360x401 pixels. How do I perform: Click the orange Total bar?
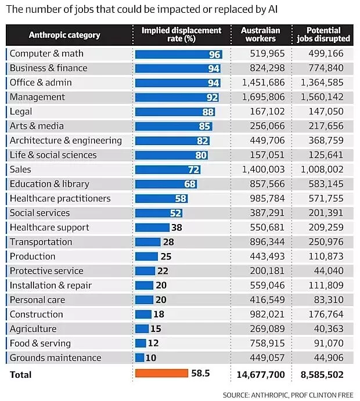pyautogui.click(x=161, y=373)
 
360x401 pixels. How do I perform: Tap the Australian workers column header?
pyautogui.click(x=261, y=34)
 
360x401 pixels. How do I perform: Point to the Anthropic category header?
pyautogui.click(x=64, y=35)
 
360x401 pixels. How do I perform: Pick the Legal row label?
pyautogui.click(x=21, y=111)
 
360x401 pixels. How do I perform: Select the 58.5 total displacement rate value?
pyautogui.click(x=201, y=374)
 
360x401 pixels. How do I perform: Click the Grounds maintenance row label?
pyautogui.click(x=55, y=358)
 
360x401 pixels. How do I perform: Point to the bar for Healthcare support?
pyautogui.click(x=152, y=227)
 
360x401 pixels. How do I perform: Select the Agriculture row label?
pyautogui.click(x=33, y=329)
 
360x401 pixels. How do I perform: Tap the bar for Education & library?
pyautogui.click(x=165, y=184)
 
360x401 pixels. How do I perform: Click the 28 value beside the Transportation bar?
pyautogui.click(x=169, y=242)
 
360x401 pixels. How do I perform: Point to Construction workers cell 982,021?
pyautogui.click(x=261, y=315)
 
